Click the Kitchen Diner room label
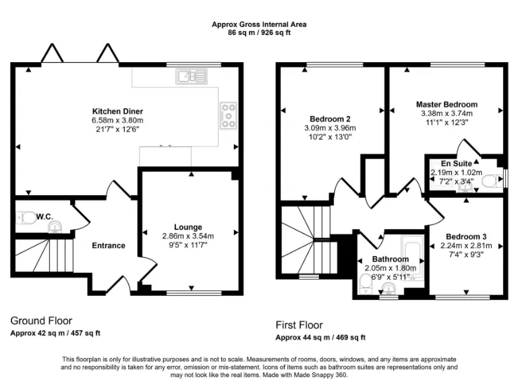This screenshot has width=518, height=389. click(117, 111)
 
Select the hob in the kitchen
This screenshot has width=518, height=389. click(227, 115)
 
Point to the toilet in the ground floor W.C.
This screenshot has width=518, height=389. click(27, 218)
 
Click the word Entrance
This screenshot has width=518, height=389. click(109, 245)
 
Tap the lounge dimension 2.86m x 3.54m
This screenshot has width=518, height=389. click(188, 236)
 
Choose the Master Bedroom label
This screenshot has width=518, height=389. click(447, 105)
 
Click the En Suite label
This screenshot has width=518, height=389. click(457, 163)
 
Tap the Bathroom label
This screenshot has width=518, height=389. click(391, 259)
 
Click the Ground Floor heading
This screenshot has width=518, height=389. click(41, 321)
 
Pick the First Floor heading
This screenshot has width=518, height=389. click(299, 325)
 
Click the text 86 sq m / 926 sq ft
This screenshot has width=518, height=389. click(259, 32)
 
